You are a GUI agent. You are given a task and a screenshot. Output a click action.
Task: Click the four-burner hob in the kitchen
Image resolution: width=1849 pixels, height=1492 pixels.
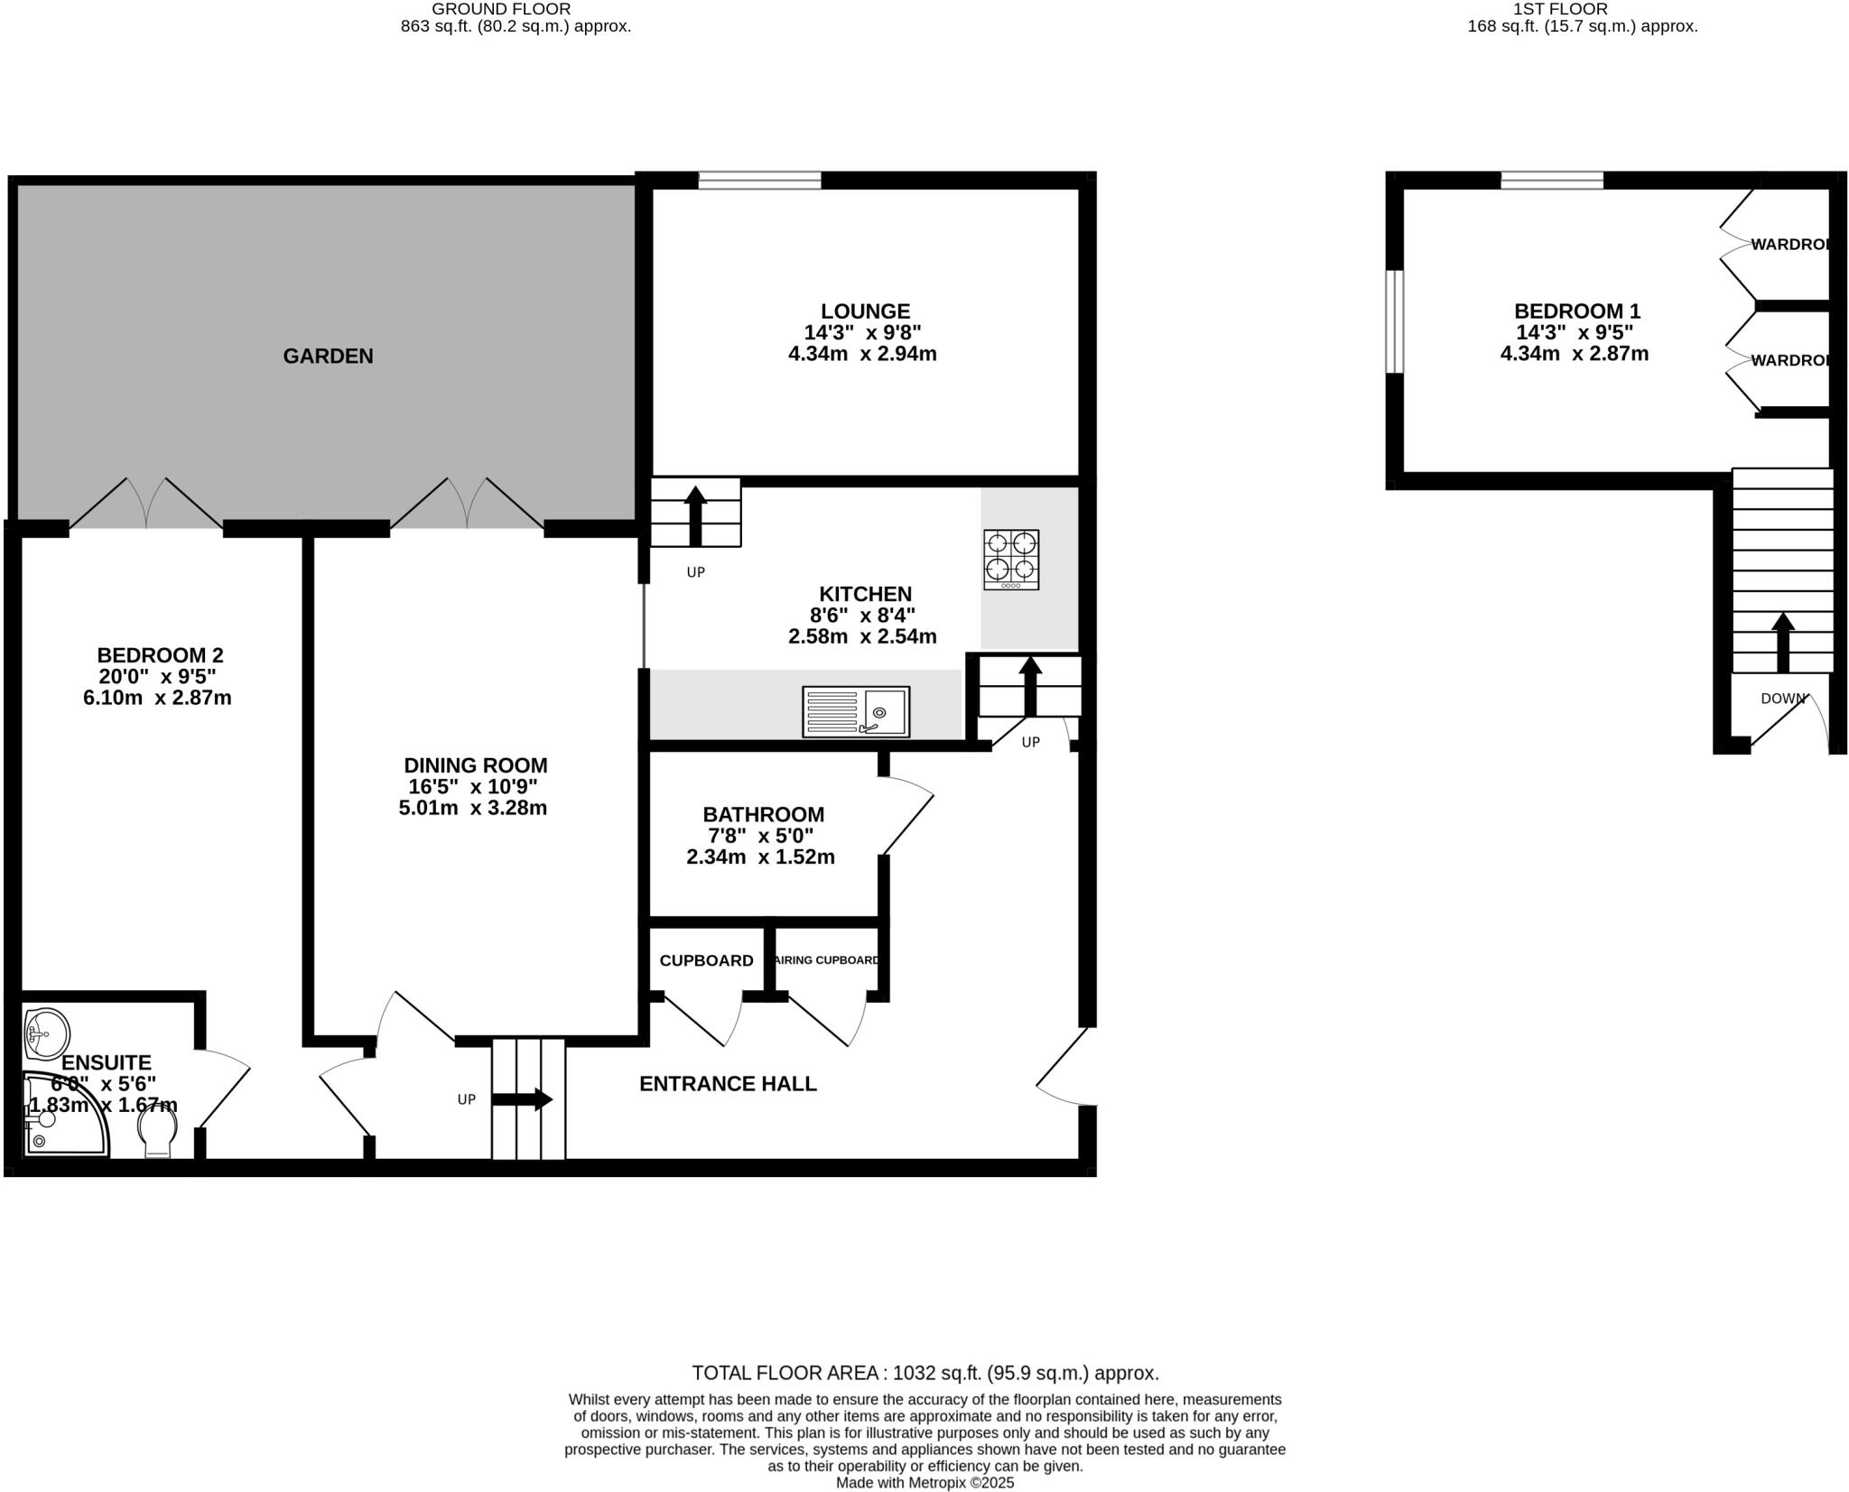coord(1011,560)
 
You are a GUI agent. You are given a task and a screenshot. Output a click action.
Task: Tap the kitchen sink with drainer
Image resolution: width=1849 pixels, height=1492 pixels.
coord(855,711)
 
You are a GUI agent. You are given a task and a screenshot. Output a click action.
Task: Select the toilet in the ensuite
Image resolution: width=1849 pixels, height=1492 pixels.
coord(159,1133)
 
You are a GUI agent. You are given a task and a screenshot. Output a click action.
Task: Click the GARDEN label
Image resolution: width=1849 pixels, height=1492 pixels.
coord(328,357)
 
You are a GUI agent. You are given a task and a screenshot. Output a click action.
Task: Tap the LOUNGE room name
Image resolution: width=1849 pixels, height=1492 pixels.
coord(865,311)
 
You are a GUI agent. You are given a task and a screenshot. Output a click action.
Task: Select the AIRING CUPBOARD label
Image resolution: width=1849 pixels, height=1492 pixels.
coord(827,960)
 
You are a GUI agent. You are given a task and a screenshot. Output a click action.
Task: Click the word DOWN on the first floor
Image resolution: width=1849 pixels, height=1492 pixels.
coord(1783,699)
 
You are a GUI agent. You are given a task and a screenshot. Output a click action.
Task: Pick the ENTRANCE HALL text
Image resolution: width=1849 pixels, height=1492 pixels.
coord(728,1084)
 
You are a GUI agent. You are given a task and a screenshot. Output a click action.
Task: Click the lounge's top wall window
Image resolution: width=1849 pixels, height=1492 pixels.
coord(759,181)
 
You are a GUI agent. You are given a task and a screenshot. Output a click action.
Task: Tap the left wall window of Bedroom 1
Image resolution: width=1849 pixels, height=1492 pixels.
coord(1395,321)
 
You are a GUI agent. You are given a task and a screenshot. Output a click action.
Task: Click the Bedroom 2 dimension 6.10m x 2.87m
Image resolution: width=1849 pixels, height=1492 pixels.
coord(157,698)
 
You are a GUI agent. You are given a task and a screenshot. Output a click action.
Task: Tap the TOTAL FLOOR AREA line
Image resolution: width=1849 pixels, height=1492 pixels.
coord(924,1373)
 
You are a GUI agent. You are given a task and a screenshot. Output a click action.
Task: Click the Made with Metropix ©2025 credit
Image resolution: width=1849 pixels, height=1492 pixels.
coord(924,1483)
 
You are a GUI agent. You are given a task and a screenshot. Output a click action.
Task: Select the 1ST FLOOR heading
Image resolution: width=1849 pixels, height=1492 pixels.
coord(1582,9)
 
